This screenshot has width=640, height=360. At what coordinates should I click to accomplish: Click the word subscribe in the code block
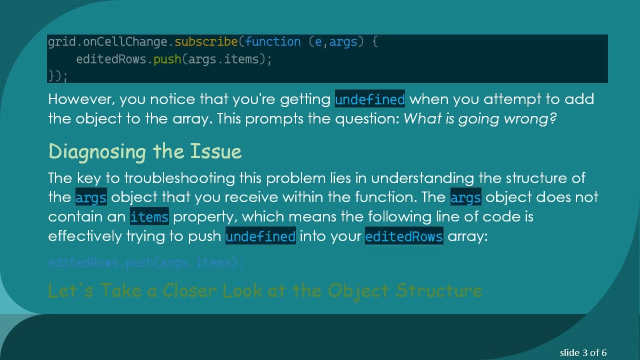pos(206,42)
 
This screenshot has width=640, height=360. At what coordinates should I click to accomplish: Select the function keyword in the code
pos(273,42)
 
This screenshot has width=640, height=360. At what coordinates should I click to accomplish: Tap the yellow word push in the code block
pos(167,59)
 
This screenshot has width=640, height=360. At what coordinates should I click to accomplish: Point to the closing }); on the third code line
pos(57,76)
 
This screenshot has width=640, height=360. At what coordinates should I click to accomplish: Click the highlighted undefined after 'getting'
pos(369,99)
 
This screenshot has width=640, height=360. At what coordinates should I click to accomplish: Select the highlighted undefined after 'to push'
pos(260,236)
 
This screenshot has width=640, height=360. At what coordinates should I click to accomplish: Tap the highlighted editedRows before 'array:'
pos(404,236)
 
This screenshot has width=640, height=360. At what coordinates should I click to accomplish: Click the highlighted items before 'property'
pos(149,217)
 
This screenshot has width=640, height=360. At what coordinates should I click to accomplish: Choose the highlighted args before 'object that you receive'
pos(91,197)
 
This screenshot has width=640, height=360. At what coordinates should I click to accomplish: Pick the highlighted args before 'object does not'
pos(465,197)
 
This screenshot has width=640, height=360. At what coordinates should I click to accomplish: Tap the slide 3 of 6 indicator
pos(583,352)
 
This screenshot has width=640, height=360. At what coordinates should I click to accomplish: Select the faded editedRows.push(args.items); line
pos(145,262)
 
